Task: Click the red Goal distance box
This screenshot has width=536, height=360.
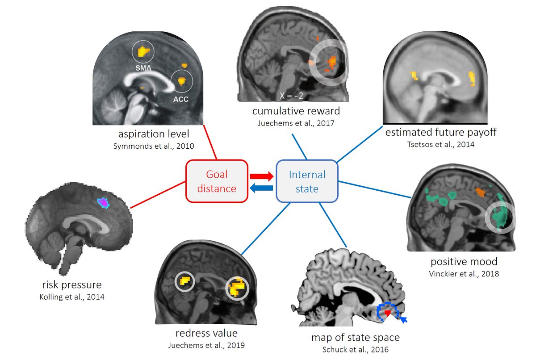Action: click(218, 181)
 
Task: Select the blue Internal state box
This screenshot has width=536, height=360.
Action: click(307, 181)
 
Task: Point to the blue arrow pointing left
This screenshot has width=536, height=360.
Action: click(262, 188)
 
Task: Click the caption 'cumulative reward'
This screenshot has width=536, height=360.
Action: click(296, 110)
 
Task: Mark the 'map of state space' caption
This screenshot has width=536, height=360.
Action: click(355, 338)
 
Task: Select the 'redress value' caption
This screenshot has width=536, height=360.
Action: click(207, 333)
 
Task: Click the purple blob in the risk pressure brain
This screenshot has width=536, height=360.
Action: click(104, 203)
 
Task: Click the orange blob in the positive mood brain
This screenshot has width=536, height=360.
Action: click(481, 192)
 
